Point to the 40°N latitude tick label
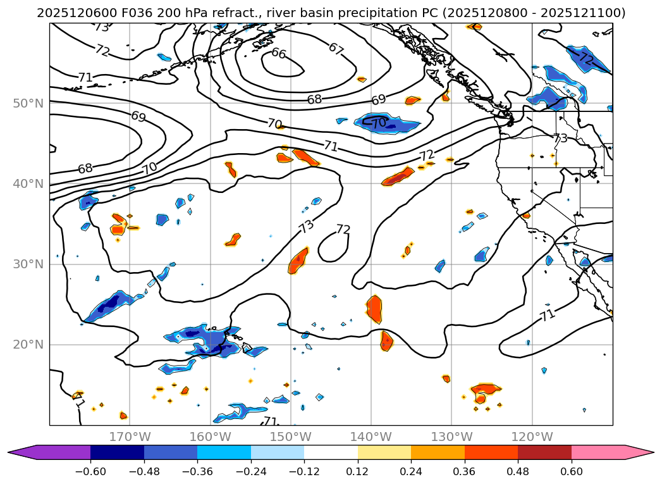28,184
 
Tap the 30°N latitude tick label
28,264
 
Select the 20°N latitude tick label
28,345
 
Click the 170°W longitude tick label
130,437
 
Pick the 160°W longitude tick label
210,437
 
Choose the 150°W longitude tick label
290,437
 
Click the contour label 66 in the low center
279,54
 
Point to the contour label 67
336,48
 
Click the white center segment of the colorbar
331,452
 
